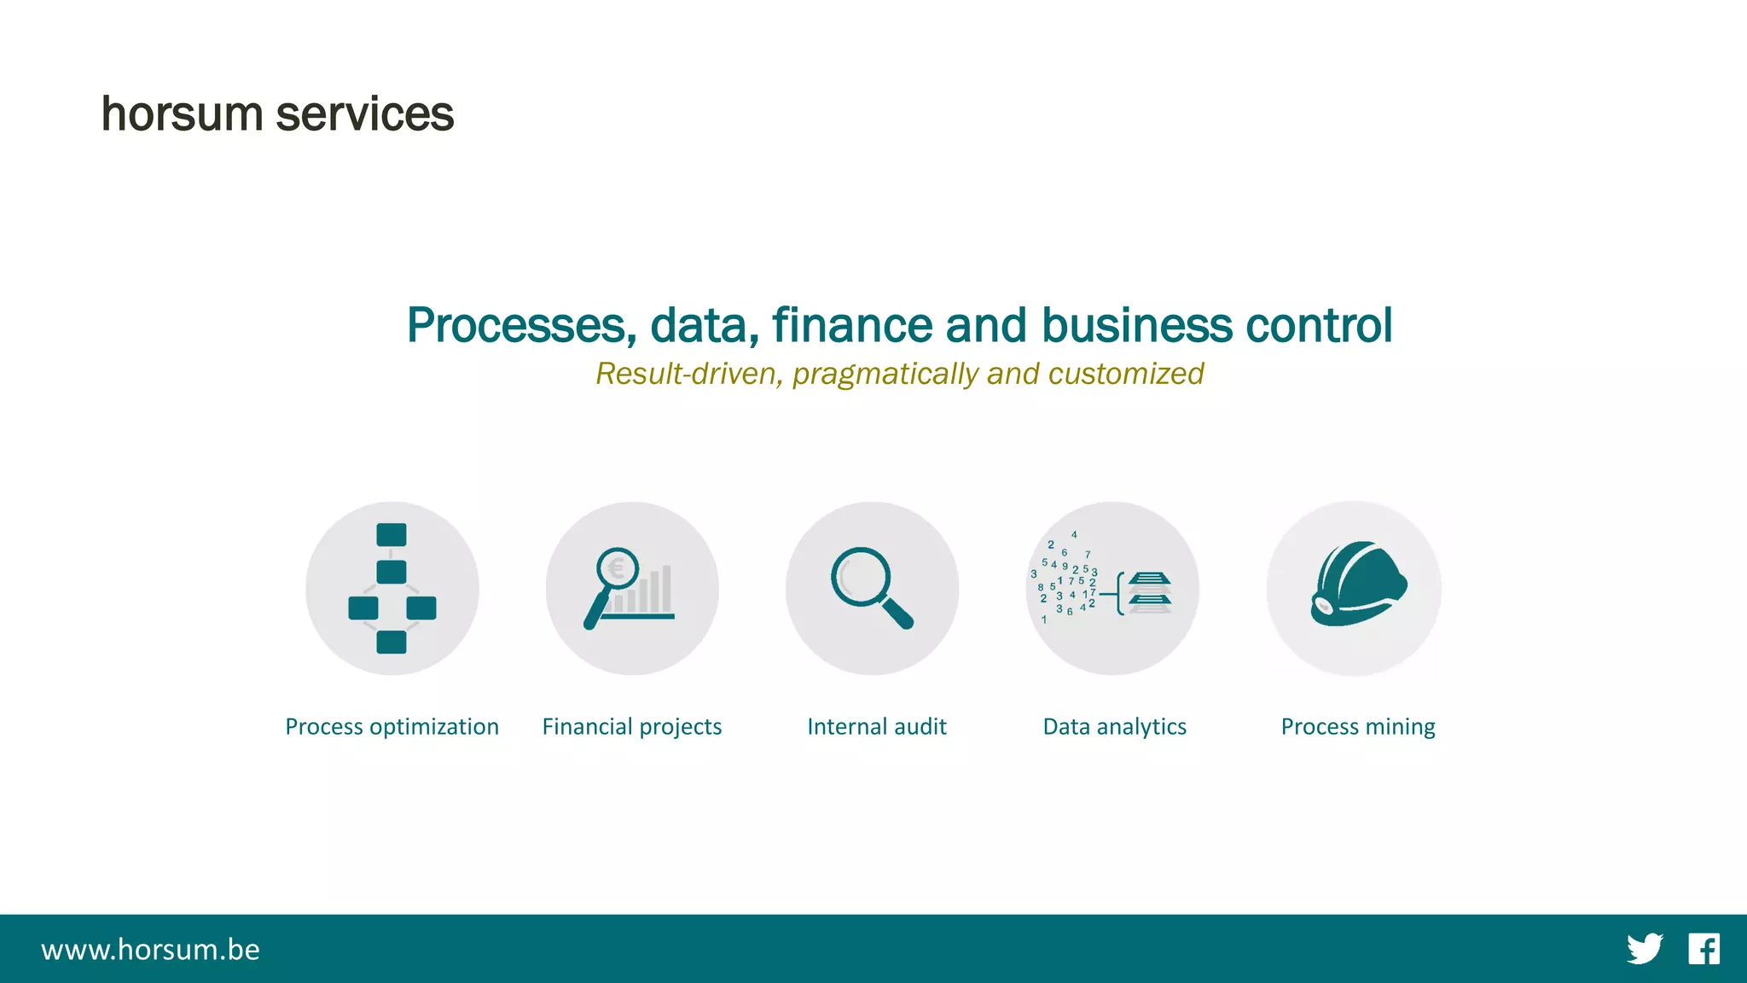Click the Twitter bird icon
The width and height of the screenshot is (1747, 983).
point(1644,949)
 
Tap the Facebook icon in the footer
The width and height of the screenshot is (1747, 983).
point(1703,949)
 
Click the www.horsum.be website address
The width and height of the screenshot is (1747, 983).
point(150,950)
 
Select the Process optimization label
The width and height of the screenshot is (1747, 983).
point(392,726)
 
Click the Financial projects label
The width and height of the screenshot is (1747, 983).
point(632,726)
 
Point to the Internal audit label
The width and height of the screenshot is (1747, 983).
point(876,726)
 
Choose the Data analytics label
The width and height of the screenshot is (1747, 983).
point(1114,726)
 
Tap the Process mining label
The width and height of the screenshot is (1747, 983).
point(1358,726)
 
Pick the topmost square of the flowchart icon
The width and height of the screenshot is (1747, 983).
point(392,535)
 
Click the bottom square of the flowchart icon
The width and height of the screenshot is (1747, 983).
point(392,642)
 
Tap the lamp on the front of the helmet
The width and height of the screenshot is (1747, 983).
point(1323,607)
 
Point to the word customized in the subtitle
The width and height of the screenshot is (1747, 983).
point(1125,374)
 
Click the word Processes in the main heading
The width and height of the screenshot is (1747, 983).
point(521,325)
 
